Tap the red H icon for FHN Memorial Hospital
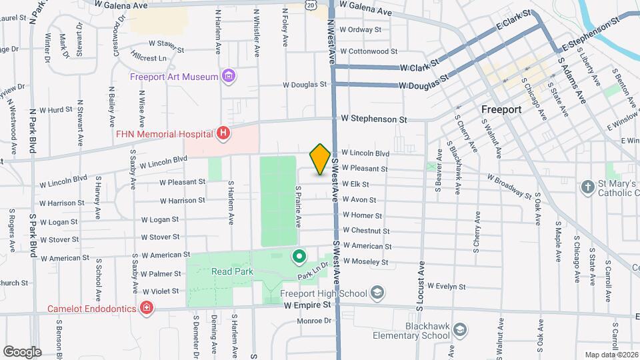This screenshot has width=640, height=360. point(223,134)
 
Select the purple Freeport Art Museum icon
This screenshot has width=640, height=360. point(229,77)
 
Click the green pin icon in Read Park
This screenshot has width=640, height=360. point(299,255)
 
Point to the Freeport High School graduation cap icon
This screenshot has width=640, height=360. point(377,293)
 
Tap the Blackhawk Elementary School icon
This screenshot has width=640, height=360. point(461,330)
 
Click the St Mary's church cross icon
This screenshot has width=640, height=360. point(587,187)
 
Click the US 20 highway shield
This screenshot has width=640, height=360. point(311,5)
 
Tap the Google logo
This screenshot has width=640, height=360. point(22,351)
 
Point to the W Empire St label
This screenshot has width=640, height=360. point(307,305)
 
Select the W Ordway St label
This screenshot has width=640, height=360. point(360,29)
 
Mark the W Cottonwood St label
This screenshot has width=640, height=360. point(368,51)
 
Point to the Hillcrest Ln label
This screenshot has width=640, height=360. point(149,59)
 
